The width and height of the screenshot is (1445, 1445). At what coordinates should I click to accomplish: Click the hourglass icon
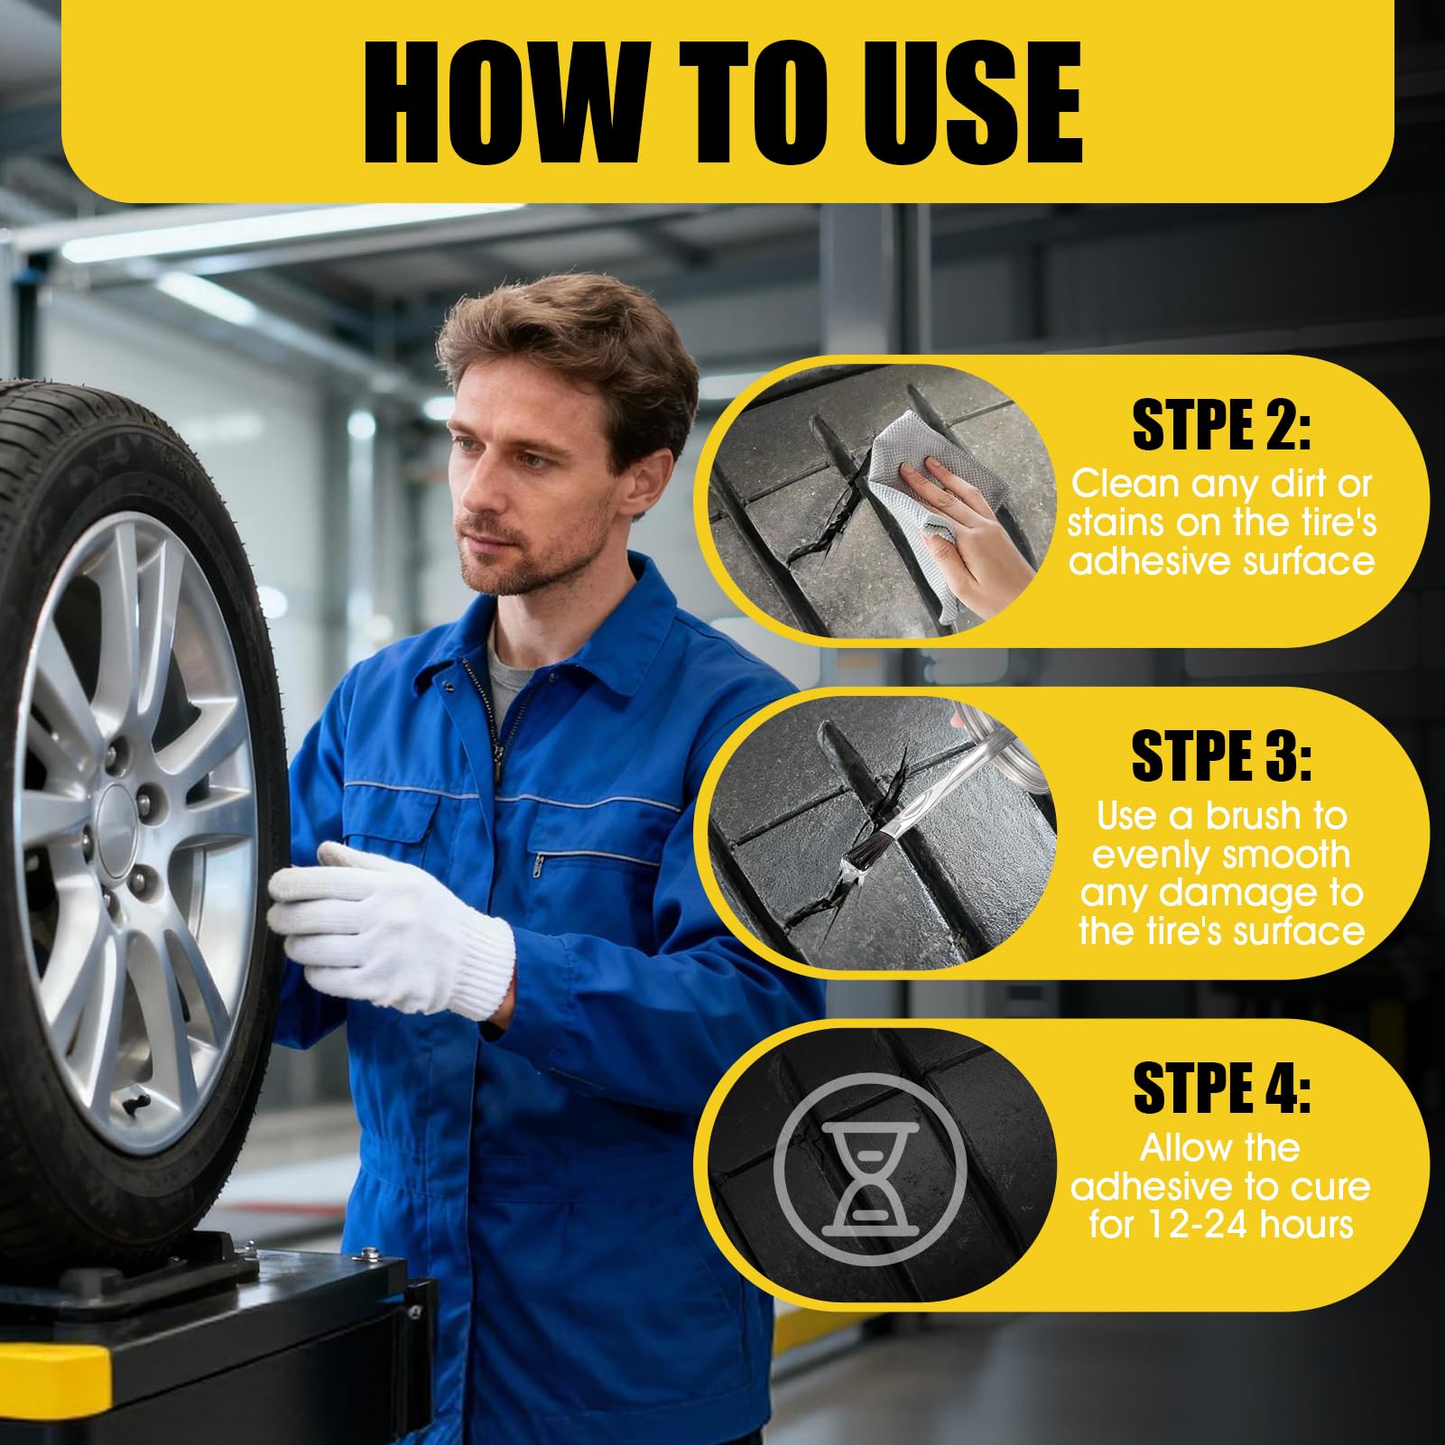[870, 1169]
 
